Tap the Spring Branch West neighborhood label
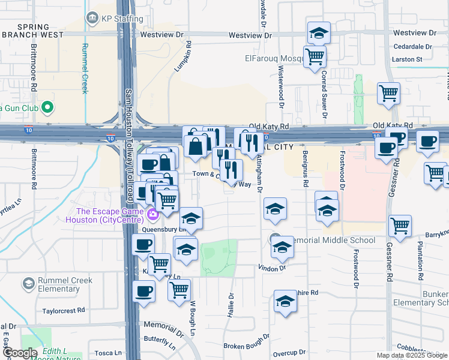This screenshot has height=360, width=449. [32, 31]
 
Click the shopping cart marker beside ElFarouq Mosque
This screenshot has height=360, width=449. [315, 58]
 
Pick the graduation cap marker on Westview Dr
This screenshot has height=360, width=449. [319, 33]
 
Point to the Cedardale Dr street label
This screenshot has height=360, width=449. [412, 46]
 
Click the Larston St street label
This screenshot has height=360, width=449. [408, 59]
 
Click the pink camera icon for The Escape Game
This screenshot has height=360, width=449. [152, 213]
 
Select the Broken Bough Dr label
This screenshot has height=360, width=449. [247, 346]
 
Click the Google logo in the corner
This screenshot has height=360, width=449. [20, 353]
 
